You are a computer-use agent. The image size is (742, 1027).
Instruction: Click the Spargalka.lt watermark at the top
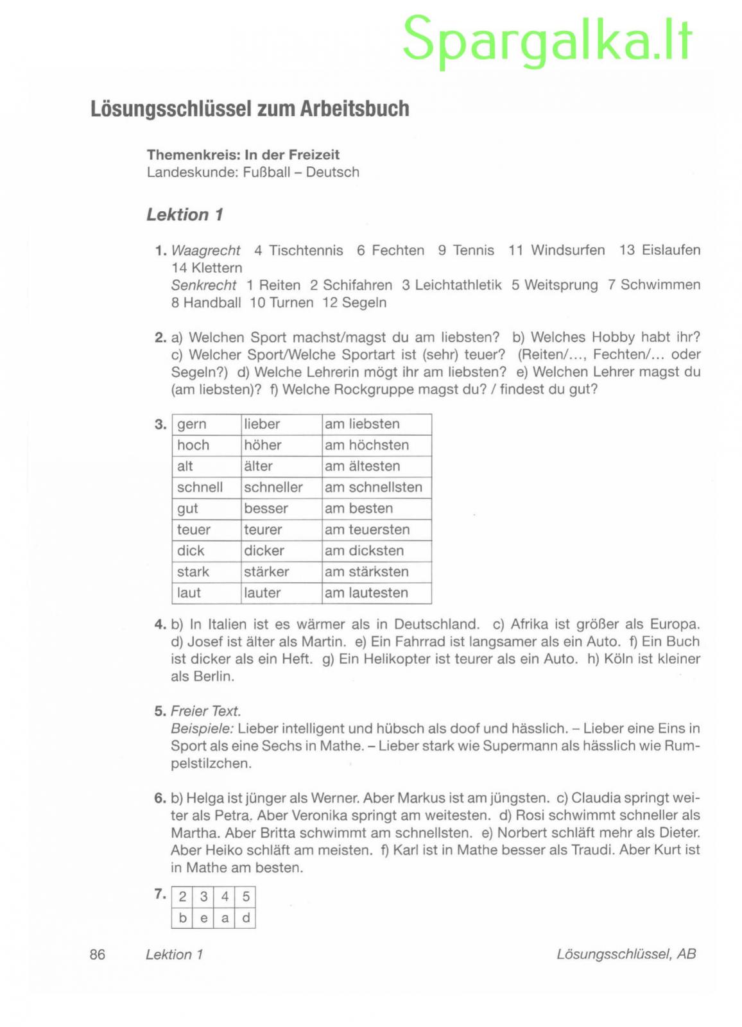547,40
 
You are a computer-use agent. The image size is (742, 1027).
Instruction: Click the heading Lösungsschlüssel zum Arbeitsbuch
250,108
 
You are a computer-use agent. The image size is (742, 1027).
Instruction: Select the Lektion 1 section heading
184,214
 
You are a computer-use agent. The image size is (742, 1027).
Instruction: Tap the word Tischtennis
306,250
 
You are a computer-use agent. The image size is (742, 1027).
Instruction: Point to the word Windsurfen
567,250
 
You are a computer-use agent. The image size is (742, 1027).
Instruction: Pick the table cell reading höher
263,445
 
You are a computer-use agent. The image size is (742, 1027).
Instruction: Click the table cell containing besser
266,508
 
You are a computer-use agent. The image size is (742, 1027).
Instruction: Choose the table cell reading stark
193,572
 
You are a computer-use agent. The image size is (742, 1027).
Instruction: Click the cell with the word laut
189,593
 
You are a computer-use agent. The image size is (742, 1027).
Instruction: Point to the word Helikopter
397,659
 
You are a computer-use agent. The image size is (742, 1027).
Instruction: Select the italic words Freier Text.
205,711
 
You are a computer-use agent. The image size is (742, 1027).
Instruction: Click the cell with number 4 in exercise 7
225,897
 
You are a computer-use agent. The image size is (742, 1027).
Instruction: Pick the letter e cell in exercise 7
203,919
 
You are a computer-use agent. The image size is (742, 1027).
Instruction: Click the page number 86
98,954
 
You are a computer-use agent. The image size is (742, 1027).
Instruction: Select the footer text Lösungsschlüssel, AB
626,954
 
